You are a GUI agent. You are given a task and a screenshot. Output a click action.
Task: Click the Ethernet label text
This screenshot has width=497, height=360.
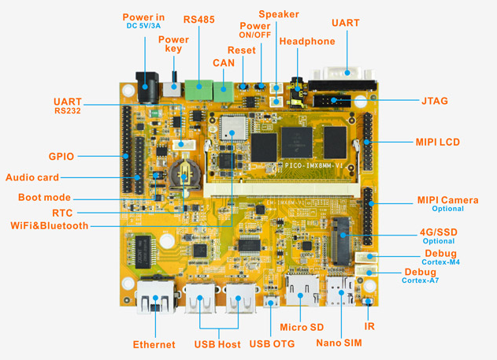coord(154,344)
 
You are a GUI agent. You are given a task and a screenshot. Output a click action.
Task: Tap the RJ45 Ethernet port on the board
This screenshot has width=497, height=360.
coord(156,297)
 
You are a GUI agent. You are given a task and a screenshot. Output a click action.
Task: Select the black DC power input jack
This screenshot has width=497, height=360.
coord(147,87)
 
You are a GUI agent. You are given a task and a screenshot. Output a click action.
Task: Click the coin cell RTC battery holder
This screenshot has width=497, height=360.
coord(184,174)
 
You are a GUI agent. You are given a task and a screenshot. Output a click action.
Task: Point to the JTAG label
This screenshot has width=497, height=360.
coord(434,101)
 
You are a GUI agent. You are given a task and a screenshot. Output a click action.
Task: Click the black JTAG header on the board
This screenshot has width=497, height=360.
coord(332,101)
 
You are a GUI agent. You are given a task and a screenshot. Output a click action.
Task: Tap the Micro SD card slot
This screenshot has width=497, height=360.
coord(302,290)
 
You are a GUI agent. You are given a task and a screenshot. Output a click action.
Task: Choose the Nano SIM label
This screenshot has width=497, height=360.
coord(339,343)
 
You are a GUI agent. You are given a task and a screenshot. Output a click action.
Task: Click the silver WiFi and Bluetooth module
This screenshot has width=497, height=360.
coord(232,128)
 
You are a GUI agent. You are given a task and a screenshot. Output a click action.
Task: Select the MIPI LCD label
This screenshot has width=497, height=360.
coord(437,142)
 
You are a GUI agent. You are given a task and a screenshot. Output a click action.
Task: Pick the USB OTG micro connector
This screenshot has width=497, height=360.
coord(271,301)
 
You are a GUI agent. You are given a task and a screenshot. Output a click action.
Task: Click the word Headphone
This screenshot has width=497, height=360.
coord(307,41)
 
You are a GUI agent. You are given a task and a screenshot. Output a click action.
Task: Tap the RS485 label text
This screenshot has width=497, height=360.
coord(198,20)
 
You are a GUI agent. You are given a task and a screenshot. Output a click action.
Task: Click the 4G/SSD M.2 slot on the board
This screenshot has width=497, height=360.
coord(342,241)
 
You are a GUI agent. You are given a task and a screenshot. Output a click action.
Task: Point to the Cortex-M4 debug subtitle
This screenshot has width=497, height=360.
coord(440,262)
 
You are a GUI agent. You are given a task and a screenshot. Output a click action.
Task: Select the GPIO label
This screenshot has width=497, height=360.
coord(61,156)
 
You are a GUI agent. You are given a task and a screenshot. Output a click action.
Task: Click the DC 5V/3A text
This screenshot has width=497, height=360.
coord(143,26)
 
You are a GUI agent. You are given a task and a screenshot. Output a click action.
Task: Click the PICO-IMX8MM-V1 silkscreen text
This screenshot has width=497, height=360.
coord(313,165)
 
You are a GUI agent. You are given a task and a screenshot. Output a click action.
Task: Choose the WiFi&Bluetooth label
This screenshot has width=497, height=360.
coord(50,225)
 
